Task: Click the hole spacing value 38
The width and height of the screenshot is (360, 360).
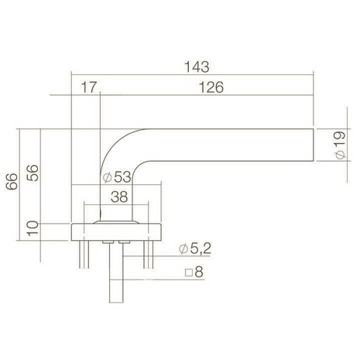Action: click(x=118, y=197)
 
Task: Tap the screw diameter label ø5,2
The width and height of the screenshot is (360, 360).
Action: click(x=194, y=249)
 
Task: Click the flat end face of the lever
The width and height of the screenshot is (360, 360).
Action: click(x=314, y=145)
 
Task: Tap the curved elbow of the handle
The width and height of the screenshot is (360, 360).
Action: click(x=116, y=147)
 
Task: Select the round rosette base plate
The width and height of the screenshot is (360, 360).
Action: click(x=116, y=230)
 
